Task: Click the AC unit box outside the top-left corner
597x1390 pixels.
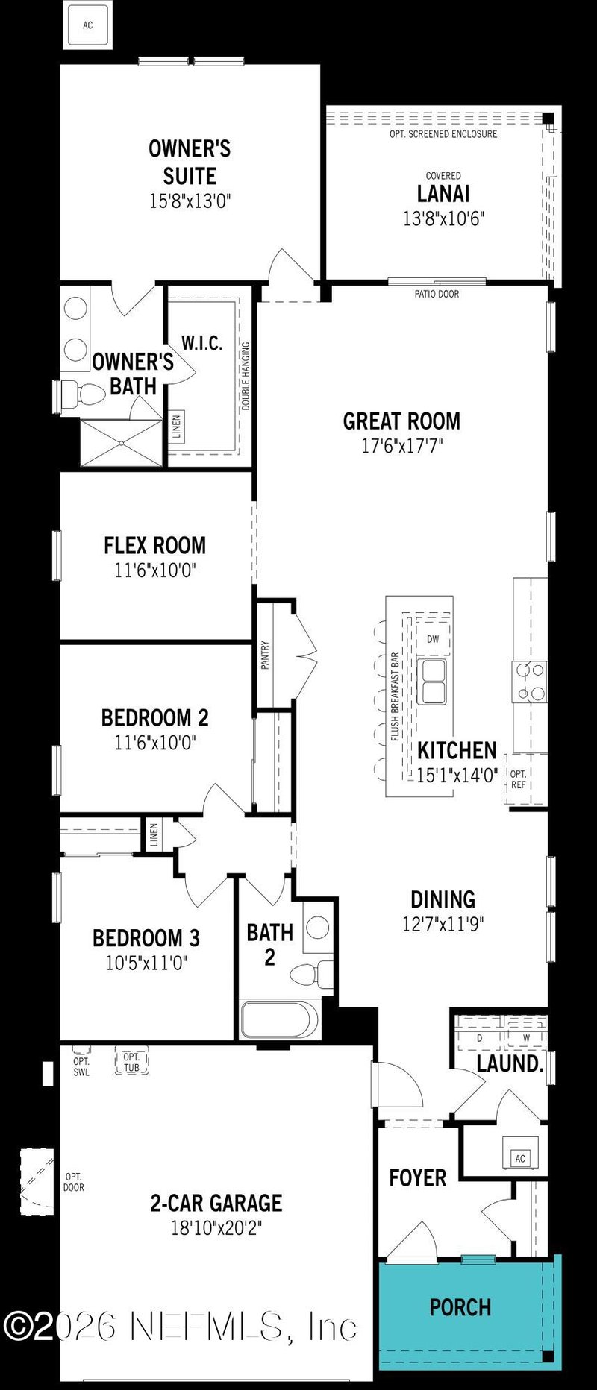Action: (x=88, y=25)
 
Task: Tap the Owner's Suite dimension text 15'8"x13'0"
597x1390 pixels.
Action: (x=190, y=201)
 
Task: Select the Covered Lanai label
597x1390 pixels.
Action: (x=443, y=193)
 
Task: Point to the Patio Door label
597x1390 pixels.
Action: (x=437, y=294)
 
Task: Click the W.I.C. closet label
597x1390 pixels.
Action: (x=201, y=343)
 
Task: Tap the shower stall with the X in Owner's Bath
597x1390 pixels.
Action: (x=121, y=443)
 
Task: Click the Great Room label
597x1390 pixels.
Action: (x=401, y=421)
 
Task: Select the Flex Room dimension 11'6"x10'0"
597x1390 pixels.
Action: (x=155, y=570)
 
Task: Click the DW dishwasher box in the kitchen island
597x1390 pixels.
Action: (x=433, y=639)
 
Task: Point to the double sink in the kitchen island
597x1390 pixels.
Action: (x=432, y=681)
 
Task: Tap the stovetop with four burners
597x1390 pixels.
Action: (x=530, y=682)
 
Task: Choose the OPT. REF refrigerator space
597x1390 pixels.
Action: (x=519, y=779)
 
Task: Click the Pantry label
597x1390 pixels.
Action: (x=265, y=655)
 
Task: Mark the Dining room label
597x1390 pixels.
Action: (x=443, y=899)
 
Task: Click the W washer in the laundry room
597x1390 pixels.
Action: (x=526, y=1038)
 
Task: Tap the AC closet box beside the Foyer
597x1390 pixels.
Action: (x=520, y=1158)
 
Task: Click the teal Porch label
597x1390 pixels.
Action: (x=460, y=1307)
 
